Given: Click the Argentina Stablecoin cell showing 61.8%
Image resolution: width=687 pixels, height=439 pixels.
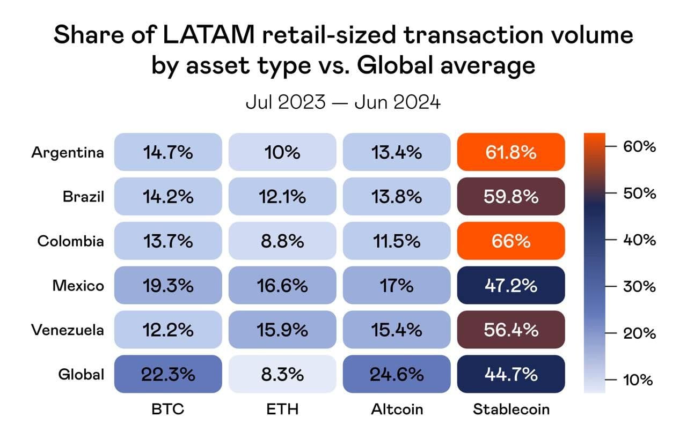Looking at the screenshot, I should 511,152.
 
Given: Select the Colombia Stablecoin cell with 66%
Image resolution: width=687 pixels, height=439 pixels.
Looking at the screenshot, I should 511,241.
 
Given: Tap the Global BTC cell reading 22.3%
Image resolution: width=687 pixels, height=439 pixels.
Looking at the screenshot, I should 168,374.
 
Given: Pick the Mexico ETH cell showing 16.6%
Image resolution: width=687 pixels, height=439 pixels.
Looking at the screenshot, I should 282,286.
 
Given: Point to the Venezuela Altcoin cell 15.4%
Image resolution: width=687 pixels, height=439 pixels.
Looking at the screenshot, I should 397,330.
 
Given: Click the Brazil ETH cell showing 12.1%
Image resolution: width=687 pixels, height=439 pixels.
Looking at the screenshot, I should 282,197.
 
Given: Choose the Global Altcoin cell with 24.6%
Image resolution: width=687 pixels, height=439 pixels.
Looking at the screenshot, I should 397,374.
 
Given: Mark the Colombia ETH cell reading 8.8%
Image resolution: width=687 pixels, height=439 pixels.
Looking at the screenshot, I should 282,241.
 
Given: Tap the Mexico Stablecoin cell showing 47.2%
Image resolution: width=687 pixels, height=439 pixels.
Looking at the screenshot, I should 511,286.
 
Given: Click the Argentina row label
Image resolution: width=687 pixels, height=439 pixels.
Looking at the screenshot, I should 68,152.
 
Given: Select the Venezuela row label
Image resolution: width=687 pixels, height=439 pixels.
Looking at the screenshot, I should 68,330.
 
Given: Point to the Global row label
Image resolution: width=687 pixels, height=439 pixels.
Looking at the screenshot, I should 81,374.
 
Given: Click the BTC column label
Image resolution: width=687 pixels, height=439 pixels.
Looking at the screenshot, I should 168,410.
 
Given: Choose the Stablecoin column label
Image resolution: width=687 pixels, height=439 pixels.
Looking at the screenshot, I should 511,410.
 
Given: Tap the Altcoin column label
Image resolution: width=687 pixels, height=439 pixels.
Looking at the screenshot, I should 397,410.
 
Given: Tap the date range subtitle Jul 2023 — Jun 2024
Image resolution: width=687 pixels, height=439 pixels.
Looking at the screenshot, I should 343,102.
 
